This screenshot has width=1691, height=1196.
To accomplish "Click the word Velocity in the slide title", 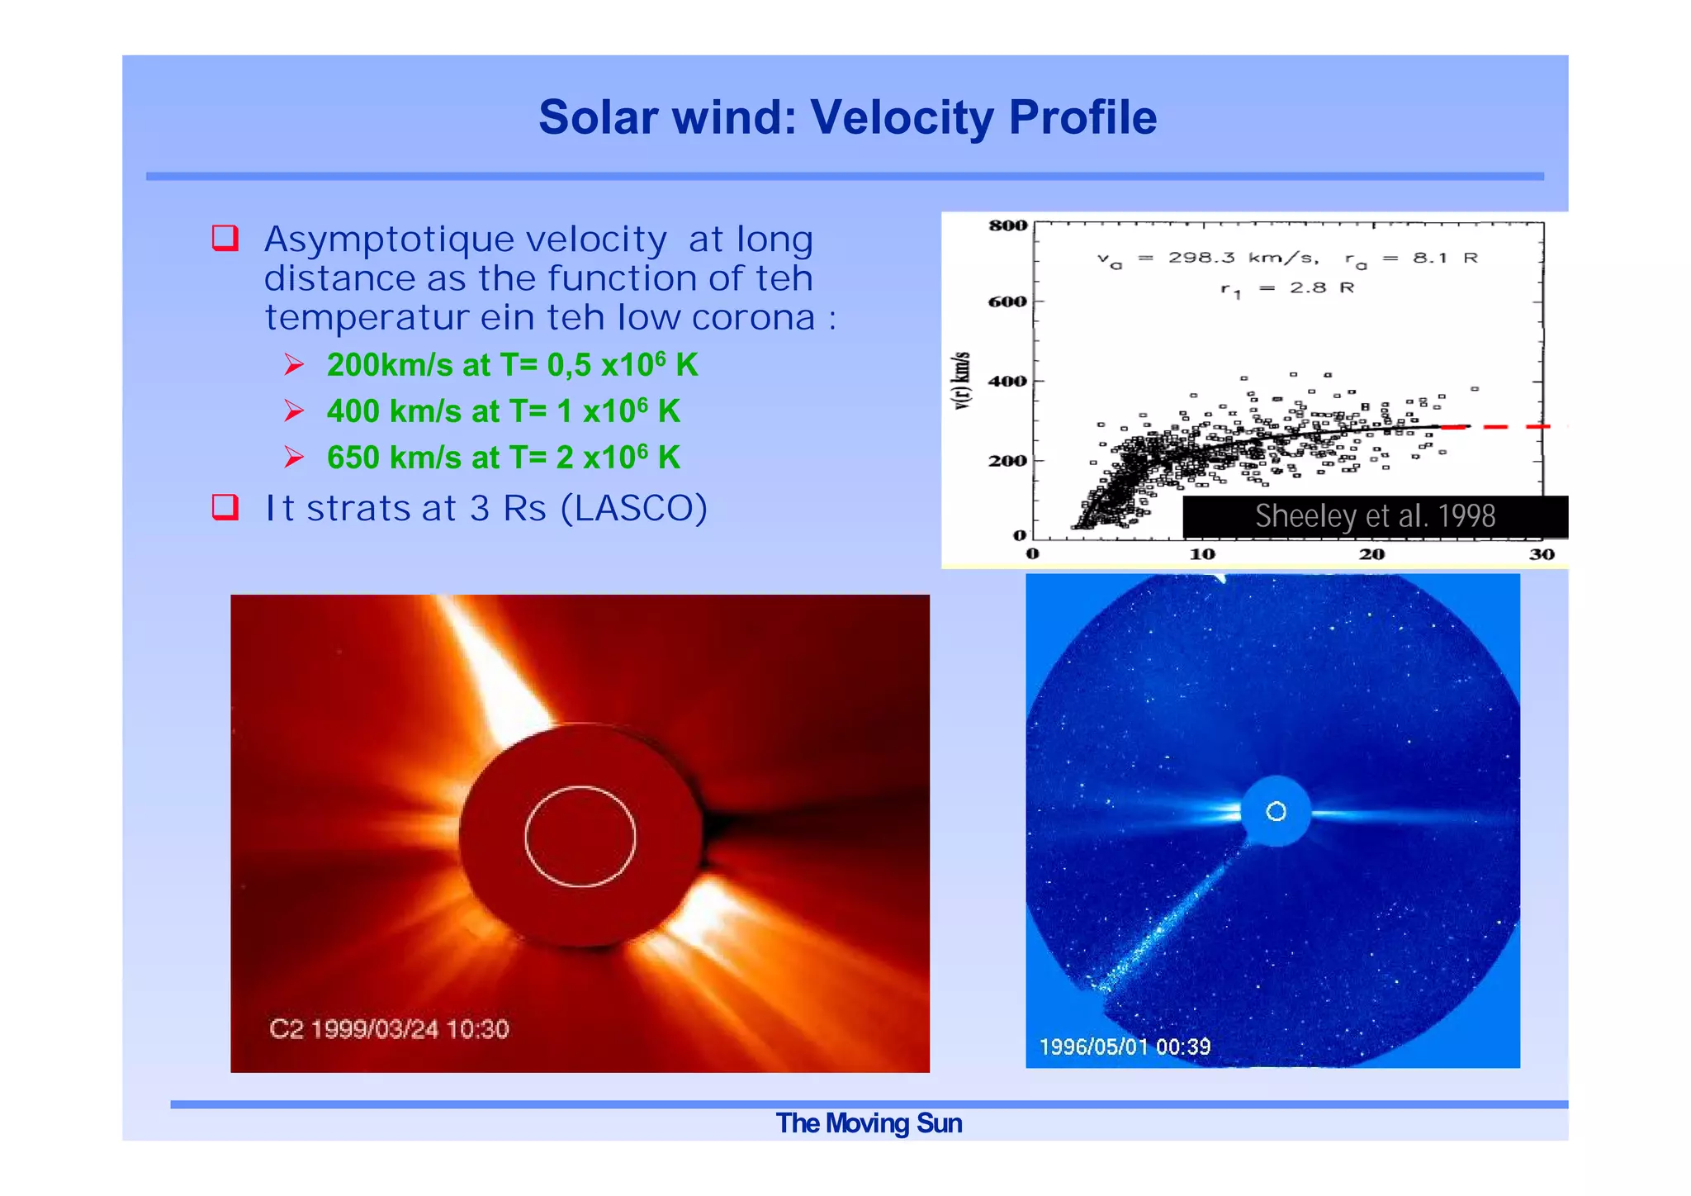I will pyautogui.click(x=902, y=117).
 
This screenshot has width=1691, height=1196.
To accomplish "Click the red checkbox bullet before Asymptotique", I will pyautogui.click(x=225, y=238).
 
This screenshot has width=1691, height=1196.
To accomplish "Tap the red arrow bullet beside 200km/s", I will pyautogui.click(x=294, y=364).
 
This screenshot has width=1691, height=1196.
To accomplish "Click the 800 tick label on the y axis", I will pyautogui.click(x=1007, y=225).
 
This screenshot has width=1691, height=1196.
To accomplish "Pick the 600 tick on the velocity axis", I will pyautogui.click(x=1007, y=301).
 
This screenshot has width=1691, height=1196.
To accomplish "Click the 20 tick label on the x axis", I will pyautogui.click(x=1371, y=554).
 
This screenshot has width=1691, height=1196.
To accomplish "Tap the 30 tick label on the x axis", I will pyautogui.click(x=1541, y=554).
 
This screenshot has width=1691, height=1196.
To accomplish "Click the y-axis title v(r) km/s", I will pyautogui.click(x=962, y=380).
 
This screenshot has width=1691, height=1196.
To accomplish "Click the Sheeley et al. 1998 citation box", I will pyautogui.click(x=1375, y=516).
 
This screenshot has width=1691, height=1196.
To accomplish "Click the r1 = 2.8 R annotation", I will pyautogui.click(x=1287, y=288).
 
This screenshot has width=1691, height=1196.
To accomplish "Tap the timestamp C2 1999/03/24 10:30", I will pyautogui.click(x=389, y=1029).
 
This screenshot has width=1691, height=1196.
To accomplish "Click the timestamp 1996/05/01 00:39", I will pyautogui.click(x=1125, y=1047).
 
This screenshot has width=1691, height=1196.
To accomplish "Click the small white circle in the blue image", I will pyautogui.click(x=1276, y=812).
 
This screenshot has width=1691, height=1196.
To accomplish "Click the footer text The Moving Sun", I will pyautogui.click(x=869, y=1124).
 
